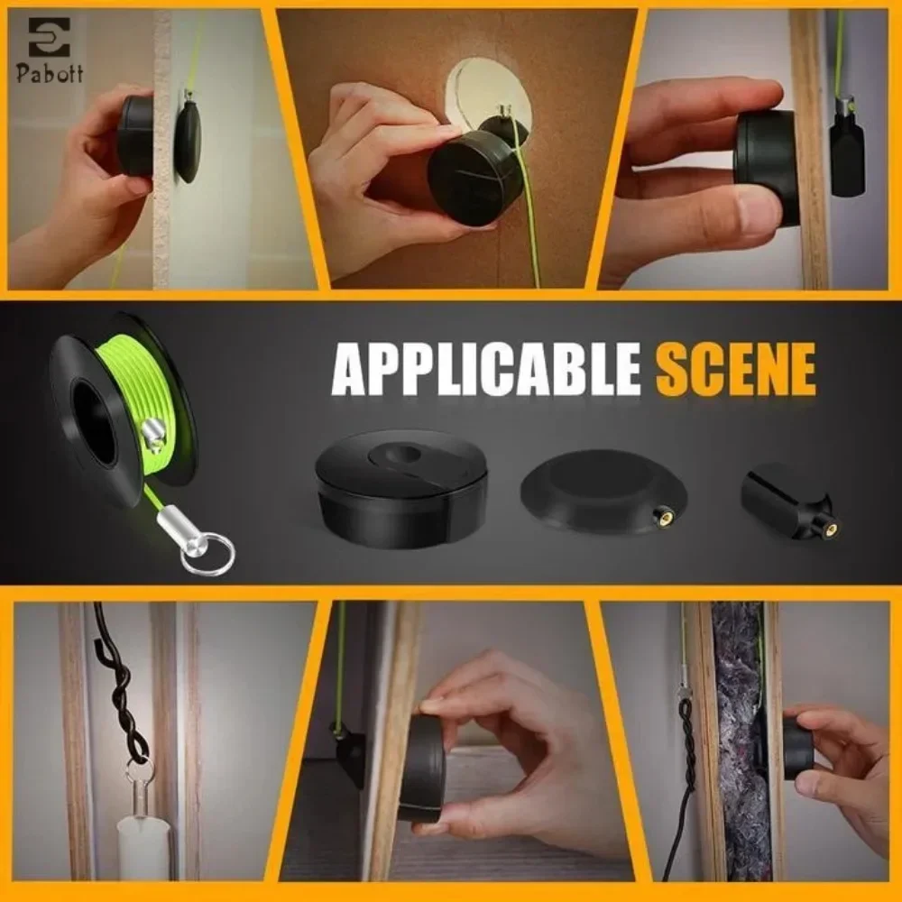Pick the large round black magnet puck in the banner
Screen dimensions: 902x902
point(401,487)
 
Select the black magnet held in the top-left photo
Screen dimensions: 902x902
point(135,135)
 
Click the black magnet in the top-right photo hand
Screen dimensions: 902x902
point(767,167)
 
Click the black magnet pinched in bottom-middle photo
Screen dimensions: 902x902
point(422,767)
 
